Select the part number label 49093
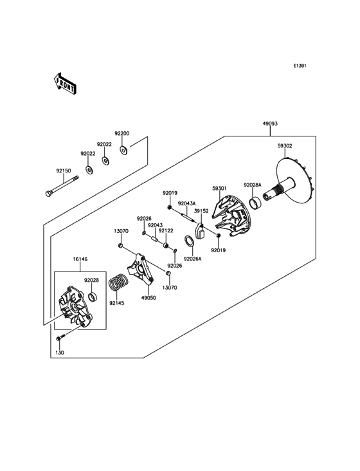(270, 124)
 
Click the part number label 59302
(303, 146)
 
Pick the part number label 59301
(220, 189)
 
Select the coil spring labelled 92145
(117, 282)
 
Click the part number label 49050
(148, 298)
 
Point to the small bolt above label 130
(59, 338)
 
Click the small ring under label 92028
(92, 297)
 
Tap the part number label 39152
(202, 210)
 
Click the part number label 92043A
(186, 203)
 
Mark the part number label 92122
(166, 230)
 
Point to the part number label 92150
(63, 171)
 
